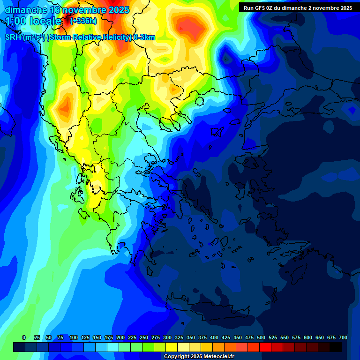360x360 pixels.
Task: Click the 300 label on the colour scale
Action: click(x=167, y=337)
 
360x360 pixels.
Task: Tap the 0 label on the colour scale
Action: click(x=23, y=337)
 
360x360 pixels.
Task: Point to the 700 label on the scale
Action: click(x=343, y=337)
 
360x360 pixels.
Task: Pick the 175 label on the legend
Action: click(x=109, y=337)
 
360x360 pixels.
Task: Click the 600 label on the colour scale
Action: click(x=308, y=337)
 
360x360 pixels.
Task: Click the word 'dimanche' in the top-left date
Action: click(x=26, y=10)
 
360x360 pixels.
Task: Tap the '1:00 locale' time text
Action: click(x=33, y=21)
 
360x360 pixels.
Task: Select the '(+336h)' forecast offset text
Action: click(x=83, y=21)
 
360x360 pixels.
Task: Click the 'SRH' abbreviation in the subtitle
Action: click(x=13, y=37)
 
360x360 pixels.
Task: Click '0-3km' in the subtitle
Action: click(x=144, y=37)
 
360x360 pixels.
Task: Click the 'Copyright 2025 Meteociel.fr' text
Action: click(x=199, y=357)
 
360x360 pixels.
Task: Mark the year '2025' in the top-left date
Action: click(x=119, y=10)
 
